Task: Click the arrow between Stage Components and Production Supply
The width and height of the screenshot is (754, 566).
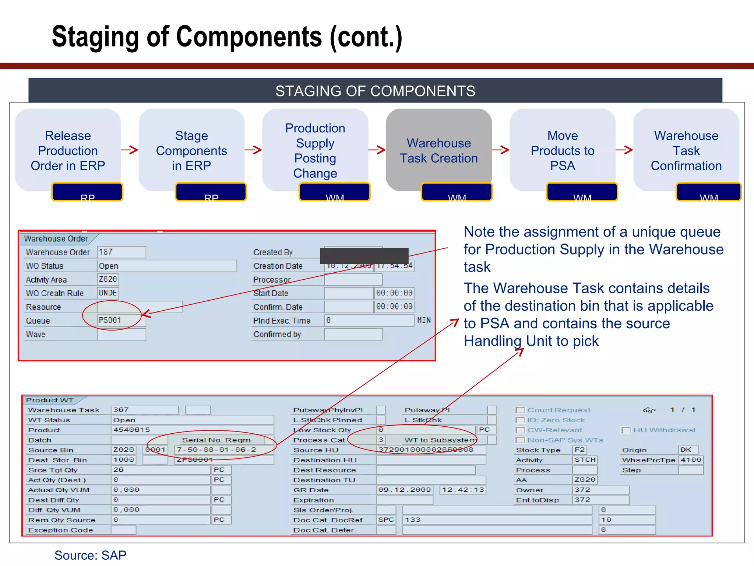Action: pyautogui.click(x=253, y=150)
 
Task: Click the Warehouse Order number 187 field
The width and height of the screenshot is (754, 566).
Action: pyautogui.click(x=121, y=252)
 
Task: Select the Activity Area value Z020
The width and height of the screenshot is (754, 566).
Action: pyautogui.click(x=108, y=279)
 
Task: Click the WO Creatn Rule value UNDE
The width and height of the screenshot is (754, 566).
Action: pyautogui.click(x=108, y=293)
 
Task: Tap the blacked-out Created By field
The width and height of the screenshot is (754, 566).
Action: pyautogui.click(x=364, y=255)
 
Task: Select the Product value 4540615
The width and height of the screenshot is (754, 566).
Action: pyautogui.click(x=191, y=430)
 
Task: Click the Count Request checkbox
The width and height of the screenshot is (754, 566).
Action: pyautogui.click(x=520, y=410)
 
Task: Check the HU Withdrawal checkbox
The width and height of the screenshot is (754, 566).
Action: pyautogui.click(x=626, y=430)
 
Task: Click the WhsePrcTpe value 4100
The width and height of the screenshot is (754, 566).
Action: pyautogui.click(x=691, y=460)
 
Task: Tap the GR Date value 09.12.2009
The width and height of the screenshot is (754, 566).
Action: pyautogui.click(x=404, y=490)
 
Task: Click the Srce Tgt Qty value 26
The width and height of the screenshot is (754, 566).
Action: pyautogui.click(x=160, y=470)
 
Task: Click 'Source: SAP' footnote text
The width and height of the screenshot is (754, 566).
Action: pyautogui.click(x=90, y=555)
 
